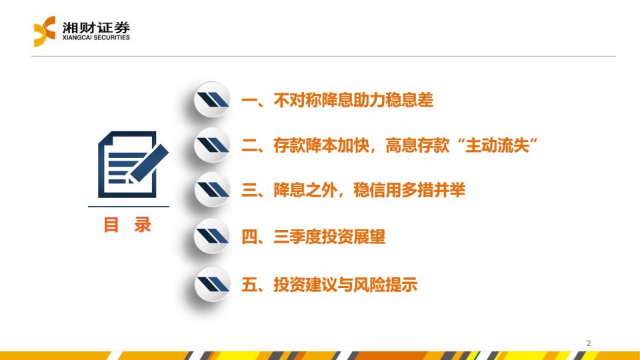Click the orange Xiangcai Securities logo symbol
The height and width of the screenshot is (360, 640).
[44, 31]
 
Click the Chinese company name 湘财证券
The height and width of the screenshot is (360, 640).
[96, 27]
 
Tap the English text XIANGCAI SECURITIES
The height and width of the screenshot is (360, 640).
[96, 37]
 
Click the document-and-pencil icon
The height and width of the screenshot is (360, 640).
[133, 165]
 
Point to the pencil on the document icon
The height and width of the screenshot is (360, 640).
[149, 163]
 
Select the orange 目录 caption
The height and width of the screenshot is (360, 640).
[127, 225]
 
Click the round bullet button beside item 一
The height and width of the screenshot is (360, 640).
[212, 99]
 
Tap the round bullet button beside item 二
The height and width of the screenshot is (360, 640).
[212, 145]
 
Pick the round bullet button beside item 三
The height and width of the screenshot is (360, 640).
[212, 190]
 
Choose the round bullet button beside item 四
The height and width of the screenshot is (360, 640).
[212, 236]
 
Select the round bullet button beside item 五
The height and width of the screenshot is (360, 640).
[212, 284]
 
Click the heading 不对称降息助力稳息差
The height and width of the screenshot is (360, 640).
[353, 100]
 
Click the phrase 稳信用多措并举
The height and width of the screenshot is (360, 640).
[409, 190]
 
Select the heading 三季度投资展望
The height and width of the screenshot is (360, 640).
[329, 236]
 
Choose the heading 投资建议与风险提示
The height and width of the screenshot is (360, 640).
[345, 285]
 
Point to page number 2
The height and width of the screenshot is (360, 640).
[589, 343]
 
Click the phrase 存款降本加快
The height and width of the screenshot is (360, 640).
[321, 145]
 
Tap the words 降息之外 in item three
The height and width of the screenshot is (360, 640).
[305, 190]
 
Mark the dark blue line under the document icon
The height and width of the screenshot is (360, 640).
[129, 207]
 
